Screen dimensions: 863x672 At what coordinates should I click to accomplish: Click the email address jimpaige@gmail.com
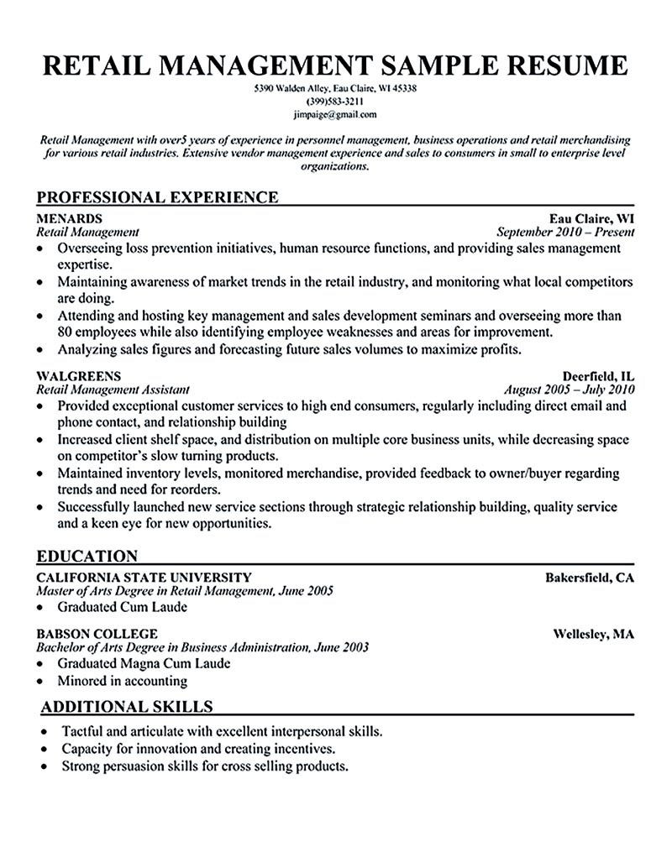(x=336, y=114)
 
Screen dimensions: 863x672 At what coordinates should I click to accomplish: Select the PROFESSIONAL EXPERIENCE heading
(x=158, y=198)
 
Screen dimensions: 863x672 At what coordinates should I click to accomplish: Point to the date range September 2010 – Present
(x=565, y=233)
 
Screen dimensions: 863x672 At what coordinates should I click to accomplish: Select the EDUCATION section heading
(x=87, y=556)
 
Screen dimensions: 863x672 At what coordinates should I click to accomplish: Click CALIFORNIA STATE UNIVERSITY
(x=144, y=577)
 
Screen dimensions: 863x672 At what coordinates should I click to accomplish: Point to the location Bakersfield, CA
(x=589, y=577)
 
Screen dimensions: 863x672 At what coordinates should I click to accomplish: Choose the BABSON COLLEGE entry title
(x=97, y=634)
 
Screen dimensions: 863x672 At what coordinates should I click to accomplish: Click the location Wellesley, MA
(x=592, y=634)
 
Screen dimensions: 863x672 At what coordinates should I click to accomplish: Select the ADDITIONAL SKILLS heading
(x=127, y=706)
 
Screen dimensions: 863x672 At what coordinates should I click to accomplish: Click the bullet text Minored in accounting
(x=123, y=681)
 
